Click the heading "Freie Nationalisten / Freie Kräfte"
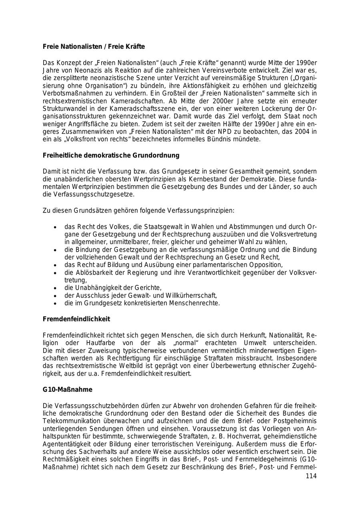click(94, 47)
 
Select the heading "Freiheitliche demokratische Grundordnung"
click(111, 155)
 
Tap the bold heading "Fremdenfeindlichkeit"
click(76, 319)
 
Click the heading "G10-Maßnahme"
click(67, 389)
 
